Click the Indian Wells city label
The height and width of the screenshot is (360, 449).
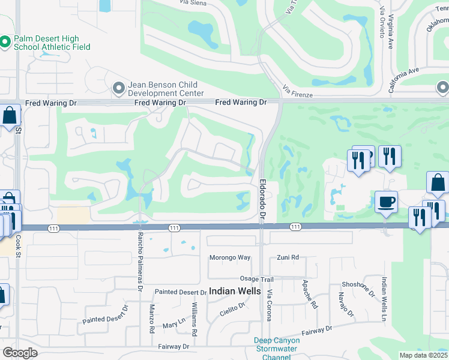click(235, 291)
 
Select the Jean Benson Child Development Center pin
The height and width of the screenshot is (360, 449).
click(118, 89)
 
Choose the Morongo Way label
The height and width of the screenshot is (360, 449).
click(229, 257)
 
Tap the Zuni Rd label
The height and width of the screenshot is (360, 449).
click(288, 257)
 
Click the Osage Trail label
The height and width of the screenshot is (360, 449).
click(258, 279)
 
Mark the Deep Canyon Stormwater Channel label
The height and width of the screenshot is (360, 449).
click(277, 349)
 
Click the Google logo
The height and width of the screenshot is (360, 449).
click(20, 353)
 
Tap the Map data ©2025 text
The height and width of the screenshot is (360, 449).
click(423, 355)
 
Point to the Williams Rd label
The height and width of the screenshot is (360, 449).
click(194, 319)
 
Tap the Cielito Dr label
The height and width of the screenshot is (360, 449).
click(233, 309)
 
